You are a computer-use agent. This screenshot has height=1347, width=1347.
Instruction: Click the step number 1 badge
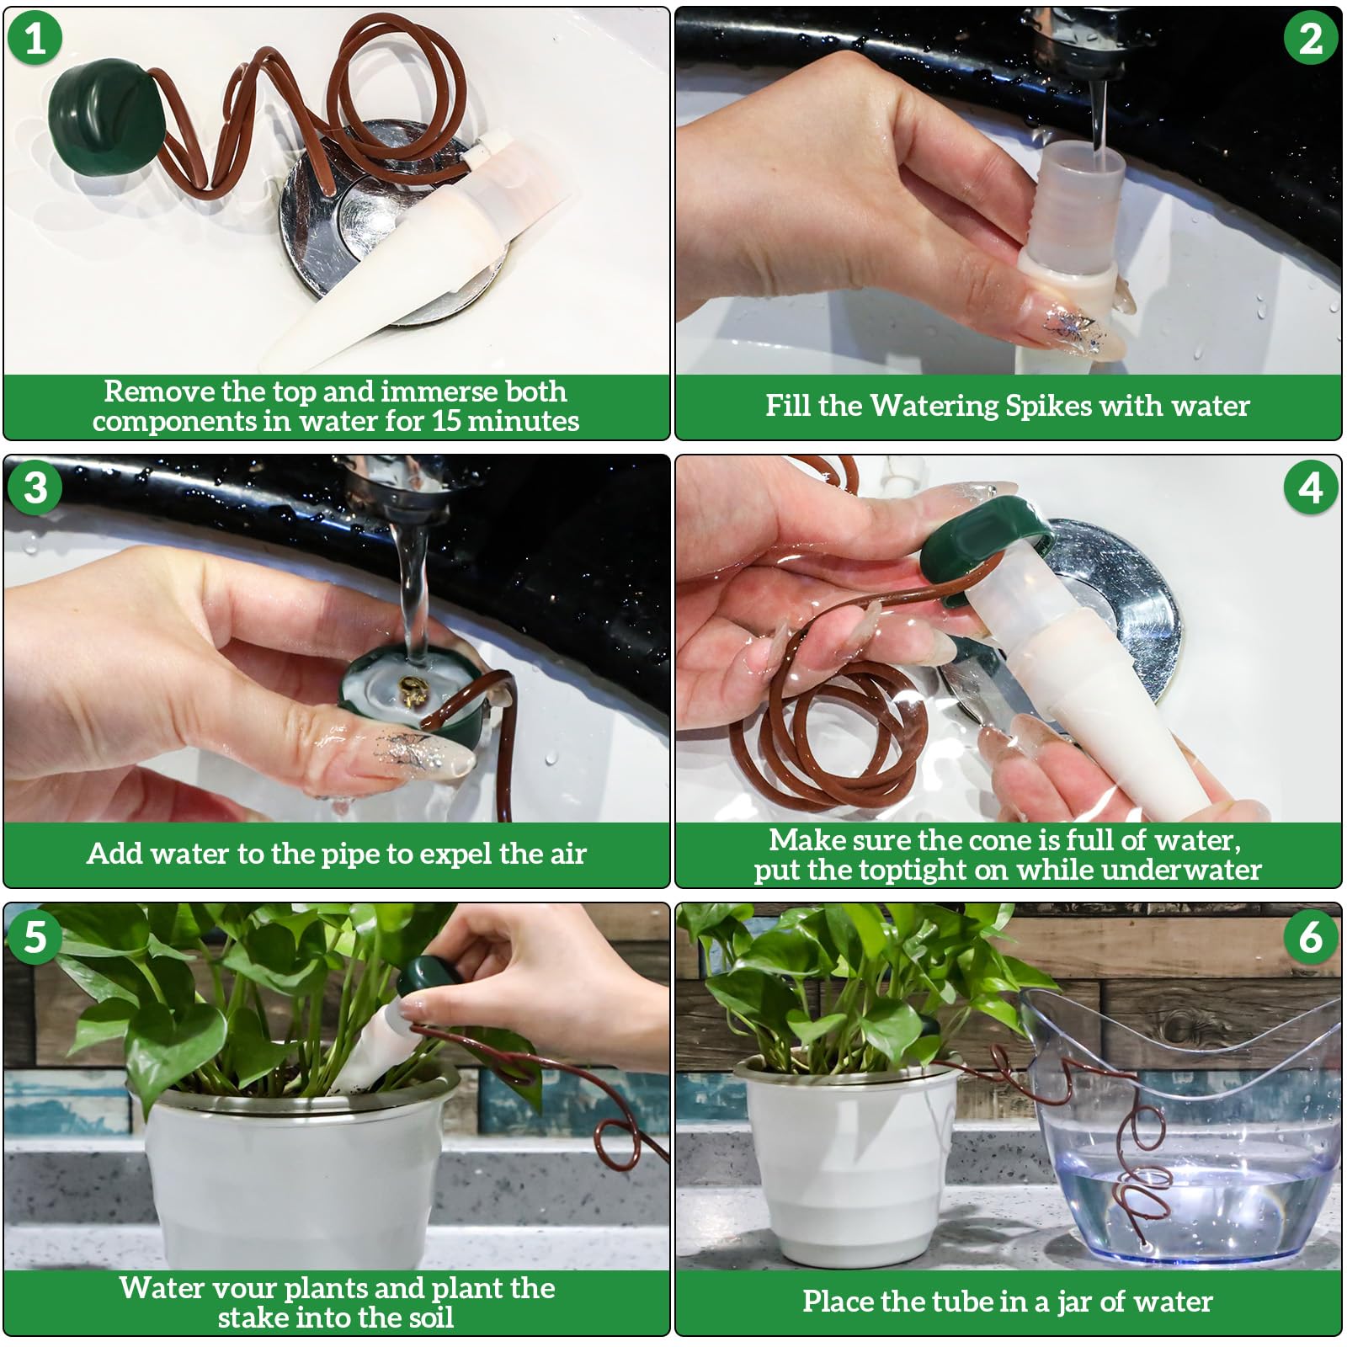pos(35,39)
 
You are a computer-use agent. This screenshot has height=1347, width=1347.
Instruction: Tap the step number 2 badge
pos(1311,39)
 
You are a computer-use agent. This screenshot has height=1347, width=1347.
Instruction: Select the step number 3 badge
pos(35,487)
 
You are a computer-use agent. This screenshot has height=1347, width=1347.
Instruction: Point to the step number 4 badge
pos(1311,487)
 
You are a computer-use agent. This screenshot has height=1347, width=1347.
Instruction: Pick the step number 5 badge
pos(35,936)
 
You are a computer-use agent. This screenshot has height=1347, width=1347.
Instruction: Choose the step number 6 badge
pos(1311,936)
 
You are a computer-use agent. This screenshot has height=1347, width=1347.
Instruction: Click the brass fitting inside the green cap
pos(413,691)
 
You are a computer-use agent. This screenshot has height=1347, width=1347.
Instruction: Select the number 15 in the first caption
pos(447,421)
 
